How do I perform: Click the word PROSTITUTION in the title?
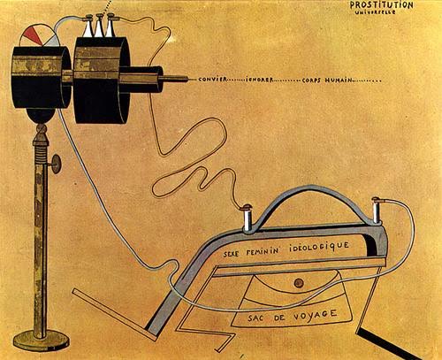click(x=382, y=5)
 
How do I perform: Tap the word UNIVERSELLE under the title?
click(x=376, y=12)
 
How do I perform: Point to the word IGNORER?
click(x=259, y=80)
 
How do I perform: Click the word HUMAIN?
click(x=339, y=80)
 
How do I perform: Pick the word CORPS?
click(x=312, y=80)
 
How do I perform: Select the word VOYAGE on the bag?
click(x=315, y=316)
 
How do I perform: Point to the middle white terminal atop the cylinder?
click(x=98, y=26)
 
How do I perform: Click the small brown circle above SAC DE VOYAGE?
click(x=299, y=283)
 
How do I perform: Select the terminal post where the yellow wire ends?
click(x=247, y=218)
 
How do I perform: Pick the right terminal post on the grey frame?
click(x=377, y=210)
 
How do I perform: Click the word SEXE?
click(x=231, y=254)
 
